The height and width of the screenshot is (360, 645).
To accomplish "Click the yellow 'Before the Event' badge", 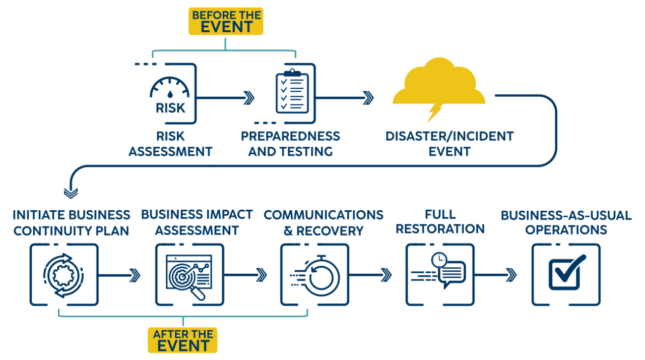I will coord(225,21).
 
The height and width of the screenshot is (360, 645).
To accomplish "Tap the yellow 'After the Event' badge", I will coord(182,340).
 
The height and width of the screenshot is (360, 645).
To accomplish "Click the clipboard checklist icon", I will coord(292,93).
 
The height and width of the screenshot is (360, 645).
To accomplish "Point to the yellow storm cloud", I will coord(439,83).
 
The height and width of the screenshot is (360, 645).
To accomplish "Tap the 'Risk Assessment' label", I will coord(170,144).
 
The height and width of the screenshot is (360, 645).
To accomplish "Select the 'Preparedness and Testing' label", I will coord(290,144).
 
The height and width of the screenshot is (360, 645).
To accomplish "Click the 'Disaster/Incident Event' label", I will coord(449,144).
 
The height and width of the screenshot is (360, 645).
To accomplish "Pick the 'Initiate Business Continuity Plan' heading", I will coord(72,222).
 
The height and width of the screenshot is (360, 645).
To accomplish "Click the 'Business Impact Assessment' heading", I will coord(197,222).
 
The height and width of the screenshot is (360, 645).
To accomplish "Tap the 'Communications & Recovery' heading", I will coord(323,222).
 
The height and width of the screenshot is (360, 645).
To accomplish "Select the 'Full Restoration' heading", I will coord(440,222).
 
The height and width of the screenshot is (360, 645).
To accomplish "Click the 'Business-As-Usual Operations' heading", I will coord(565,222).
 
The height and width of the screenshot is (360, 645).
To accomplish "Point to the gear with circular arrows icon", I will coord(63,275).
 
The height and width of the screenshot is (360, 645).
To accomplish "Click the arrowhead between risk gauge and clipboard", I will coord(248,97).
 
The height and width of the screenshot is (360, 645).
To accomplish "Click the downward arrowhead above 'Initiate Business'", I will coord(71,193).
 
